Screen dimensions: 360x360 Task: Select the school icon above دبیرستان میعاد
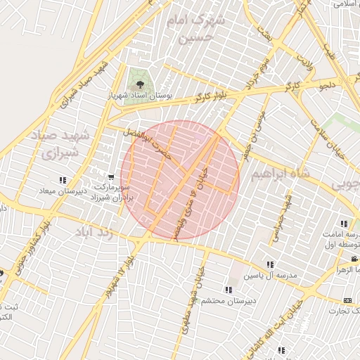(63, 180)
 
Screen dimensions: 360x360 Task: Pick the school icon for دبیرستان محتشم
(229, 289)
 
